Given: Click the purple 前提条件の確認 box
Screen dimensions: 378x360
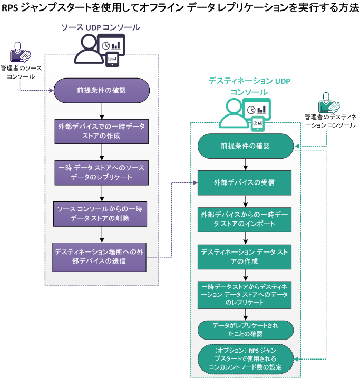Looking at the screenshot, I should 101,90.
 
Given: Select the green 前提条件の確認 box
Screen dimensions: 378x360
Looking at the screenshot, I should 245,145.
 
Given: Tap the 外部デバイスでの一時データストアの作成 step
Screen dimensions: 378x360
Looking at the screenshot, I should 101,131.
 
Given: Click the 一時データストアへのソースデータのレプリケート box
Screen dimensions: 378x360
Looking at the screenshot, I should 101,172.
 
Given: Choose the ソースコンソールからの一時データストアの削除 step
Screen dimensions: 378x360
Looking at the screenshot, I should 101,214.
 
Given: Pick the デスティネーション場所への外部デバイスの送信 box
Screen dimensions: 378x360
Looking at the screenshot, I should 101,257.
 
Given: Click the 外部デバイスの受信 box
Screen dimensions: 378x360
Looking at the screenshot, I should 245,182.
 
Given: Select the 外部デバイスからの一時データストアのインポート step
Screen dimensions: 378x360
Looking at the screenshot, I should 245,219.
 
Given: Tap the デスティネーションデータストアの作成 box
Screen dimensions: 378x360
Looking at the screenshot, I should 245,256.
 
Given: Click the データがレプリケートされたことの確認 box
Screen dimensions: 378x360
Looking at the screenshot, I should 245,329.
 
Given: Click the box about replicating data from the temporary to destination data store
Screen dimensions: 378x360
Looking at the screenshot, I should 245,295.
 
